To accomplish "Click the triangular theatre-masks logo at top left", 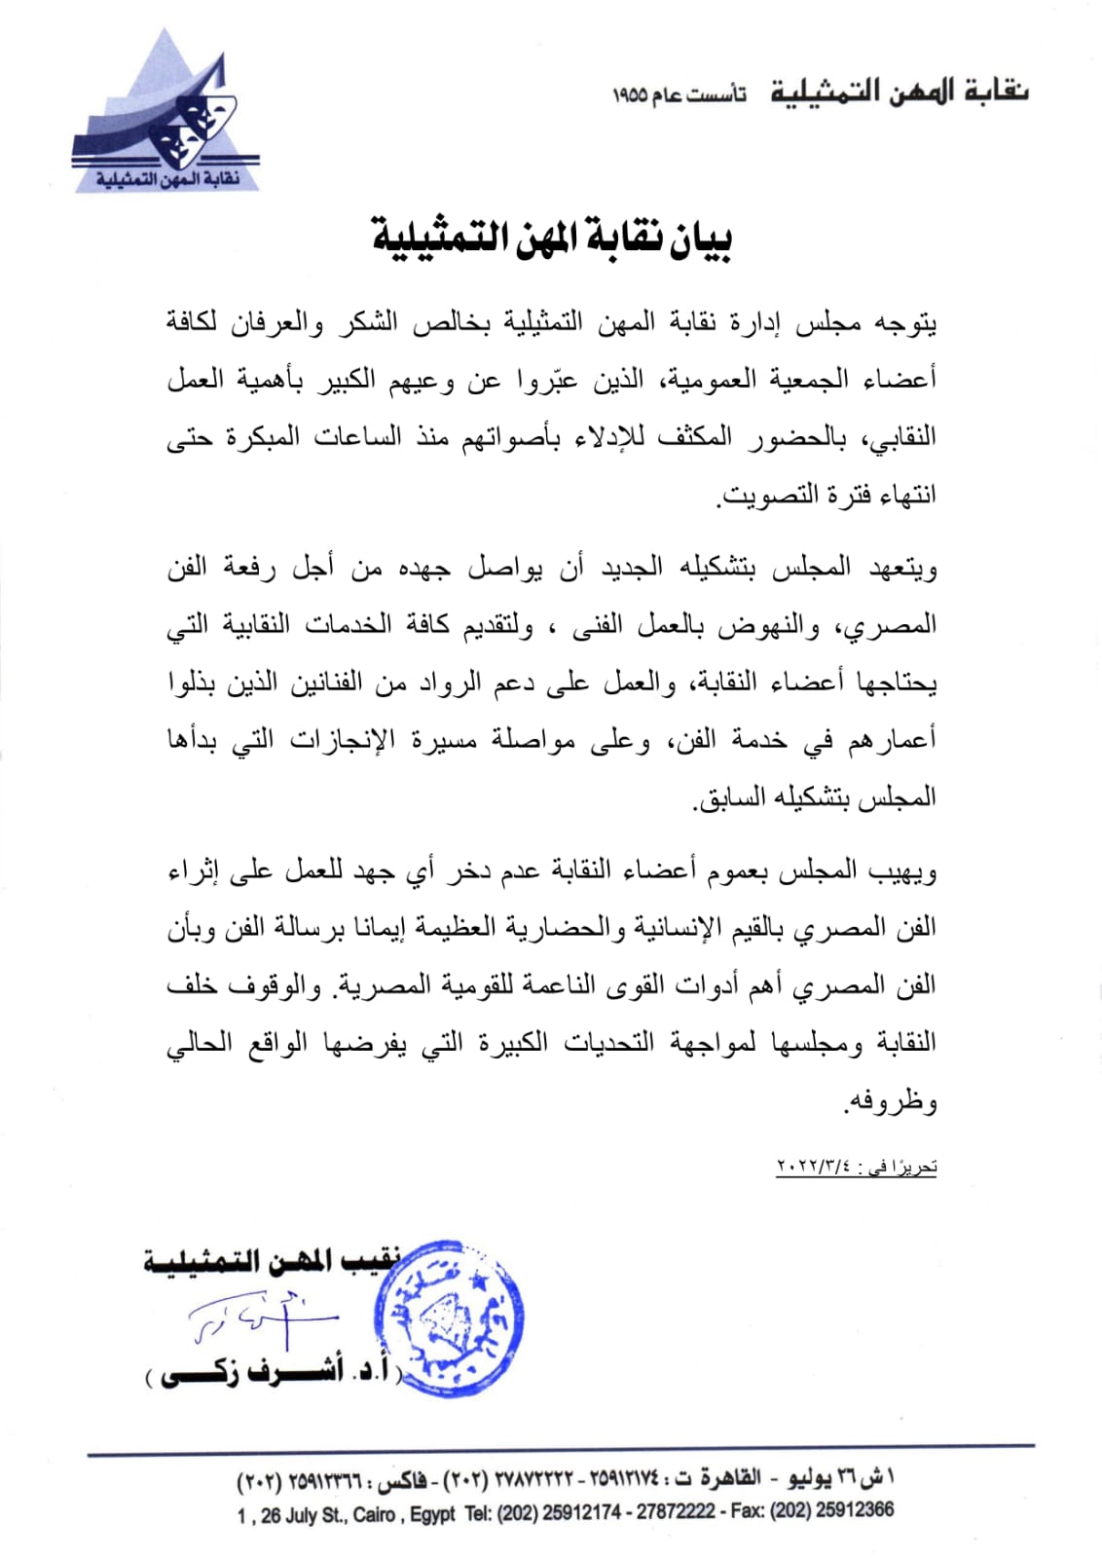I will [x=165, y=115].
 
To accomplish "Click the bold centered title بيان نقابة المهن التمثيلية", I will [x=552, y=239].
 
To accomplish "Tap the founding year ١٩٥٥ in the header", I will [x=630, y=95].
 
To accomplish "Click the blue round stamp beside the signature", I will [x=450, y=1319].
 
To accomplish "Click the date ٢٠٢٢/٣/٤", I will [x=814, y=1167].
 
